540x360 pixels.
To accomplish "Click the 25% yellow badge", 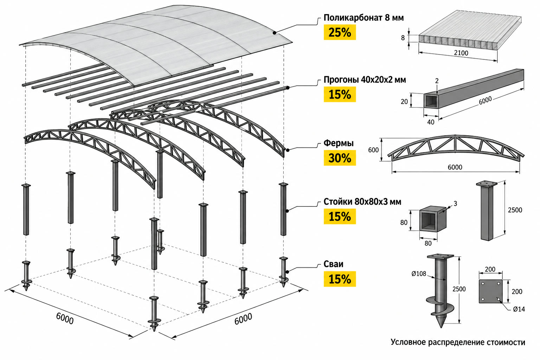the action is pos(340,32).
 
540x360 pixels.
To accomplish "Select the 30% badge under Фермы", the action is pos(340,158).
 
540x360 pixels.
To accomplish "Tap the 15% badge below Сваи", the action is pos(340,279).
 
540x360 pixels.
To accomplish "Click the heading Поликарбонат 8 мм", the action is pos(364,18).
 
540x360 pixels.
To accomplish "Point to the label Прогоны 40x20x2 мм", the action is pos(365,80).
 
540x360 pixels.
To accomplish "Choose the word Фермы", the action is pos(339,143).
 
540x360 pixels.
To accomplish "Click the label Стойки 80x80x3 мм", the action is pos(362,201).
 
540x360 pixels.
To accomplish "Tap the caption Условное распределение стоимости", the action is pos(458,342).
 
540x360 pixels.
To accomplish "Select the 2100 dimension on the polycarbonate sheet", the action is pos(461,53).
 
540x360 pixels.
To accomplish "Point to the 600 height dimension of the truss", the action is pos(373,150).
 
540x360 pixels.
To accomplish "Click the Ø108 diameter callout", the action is pos(419,274).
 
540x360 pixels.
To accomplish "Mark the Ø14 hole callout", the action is pos(519,309).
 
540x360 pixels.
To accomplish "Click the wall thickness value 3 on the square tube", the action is pos(455,204).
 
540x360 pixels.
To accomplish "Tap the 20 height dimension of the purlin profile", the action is pos(404,102).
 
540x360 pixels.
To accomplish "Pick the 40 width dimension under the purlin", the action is pos(431,122).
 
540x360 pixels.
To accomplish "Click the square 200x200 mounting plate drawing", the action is pos(490,291).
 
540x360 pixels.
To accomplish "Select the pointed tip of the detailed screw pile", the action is pos(441,327).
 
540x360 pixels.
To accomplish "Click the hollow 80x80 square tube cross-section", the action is pos(432,219).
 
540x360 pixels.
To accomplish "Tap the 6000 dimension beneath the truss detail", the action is pos(455,167).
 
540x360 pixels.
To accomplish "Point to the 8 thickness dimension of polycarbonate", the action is pos(403,38).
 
